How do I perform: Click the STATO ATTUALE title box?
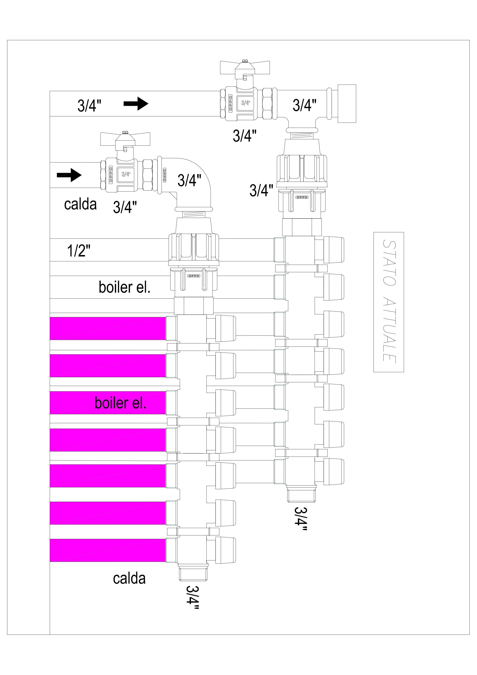click(x=389, y=302)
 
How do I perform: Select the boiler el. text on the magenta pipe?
click(x=120, y=403)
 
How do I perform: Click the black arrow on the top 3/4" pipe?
click(x=136, y=103)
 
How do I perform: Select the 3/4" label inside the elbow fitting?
click(x=189, y=180)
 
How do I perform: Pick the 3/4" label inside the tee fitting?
click(x=304, y=105)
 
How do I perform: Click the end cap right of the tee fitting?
click(x=347, y=103)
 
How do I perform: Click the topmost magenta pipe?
click(x=108, y=328)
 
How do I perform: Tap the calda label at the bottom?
click(x=129, y=578)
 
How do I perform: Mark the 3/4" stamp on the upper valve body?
click(x=246, y=103)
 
